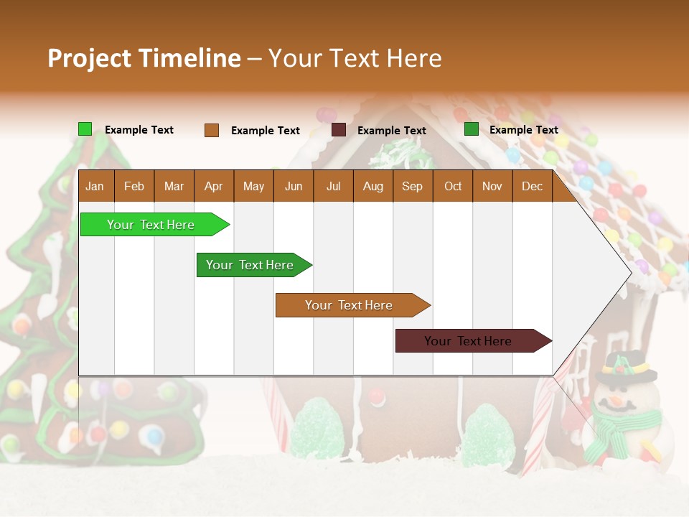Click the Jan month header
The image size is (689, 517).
[95, 187]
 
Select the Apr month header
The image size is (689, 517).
[213, 187]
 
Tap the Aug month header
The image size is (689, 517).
[372, 187]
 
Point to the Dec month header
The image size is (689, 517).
[532, 187]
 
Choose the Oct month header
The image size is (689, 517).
[452, 187]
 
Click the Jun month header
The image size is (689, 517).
[293, 187]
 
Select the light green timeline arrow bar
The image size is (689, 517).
[151, 225]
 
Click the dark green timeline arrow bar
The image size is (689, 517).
[250, 265]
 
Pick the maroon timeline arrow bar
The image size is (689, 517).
[469, 341]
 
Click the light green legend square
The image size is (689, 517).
[85, 129]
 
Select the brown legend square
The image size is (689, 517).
[211, 130]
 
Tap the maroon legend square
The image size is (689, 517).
[339, 130]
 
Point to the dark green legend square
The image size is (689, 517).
[471, 129]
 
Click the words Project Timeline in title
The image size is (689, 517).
[144, 58]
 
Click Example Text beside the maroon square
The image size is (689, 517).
[391, 131]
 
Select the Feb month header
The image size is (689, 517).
[134, 187]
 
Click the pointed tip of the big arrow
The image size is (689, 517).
[629, 272]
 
